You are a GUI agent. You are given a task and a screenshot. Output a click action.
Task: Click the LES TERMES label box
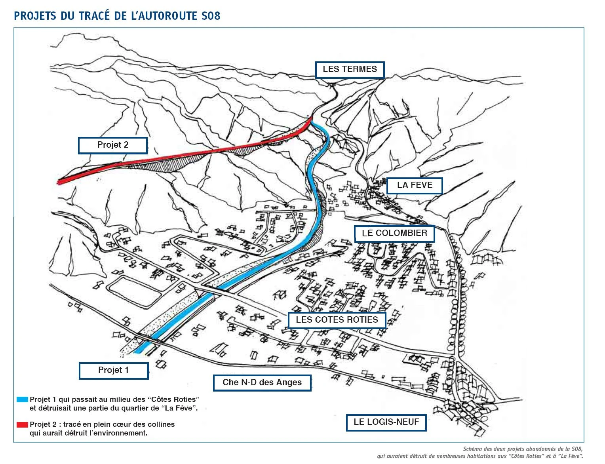click(x=350, y=69)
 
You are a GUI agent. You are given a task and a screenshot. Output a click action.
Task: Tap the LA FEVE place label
click(x=415, y=185)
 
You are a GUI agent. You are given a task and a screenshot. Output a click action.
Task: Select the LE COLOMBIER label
click(x=394, y=233)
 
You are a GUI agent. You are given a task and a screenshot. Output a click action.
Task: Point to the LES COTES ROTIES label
click(x=337, y=320)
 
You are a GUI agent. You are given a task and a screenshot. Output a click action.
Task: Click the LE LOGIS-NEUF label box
click(x=386, y=422)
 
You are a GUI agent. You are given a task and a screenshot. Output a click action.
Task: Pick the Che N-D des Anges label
click(x=262, y=382)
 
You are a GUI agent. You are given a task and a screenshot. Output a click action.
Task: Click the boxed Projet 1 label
click(x=113, y=370)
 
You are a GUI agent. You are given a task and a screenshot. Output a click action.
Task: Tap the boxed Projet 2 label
click(x=113, y=145)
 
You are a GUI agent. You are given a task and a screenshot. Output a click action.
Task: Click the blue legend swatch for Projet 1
click(x=22, y=399)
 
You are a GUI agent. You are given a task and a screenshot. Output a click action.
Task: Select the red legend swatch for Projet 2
click(x=22, y=425)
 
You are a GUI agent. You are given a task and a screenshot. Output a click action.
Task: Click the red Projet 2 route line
click(x=178, y=155)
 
